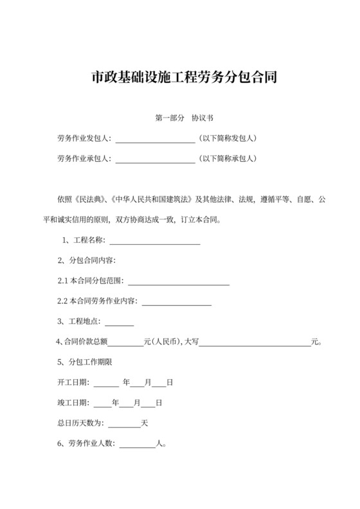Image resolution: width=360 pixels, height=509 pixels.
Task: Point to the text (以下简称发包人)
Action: (x=228, y=138)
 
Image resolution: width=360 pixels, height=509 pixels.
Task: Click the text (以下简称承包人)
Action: (x=228, y=158)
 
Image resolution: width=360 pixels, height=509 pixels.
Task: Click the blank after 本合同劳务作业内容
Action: (x=176, y=301)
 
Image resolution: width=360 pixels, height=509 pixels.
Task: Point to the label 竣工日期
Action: (x=73, y=403)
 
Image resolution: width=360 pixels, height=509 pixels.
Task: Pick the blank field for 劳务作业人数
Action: (x=138, y=443)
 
